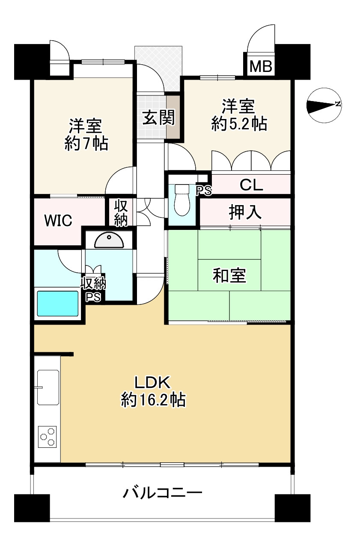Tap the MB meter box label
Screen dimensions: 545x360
(x=261, y=66)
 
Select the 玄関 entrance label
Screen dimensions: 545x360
(x=158, y=118)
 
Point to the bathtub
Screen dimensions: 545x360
(x=58, y=304)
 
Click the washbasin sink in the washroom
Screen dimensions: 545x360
(x=109, y=241)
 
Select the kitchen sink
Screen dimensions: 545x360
(x=48, y=387)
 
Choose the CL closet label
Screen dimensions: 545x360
(x=251, y=185)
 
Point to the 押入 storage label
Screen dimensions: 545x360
(x=245, y=212)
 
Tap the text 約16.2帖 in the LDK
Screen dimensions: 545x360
(x=153, y=400)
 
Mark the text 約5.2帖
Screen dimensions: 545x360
(x=239, y=124)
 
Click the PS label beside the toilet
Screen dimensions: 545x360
(x=204, y=191)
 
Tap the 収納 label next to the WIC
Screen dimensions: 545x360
(x=121, y=213)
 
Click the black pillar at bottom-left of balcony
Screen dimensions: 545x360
(x=32, y=508)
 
